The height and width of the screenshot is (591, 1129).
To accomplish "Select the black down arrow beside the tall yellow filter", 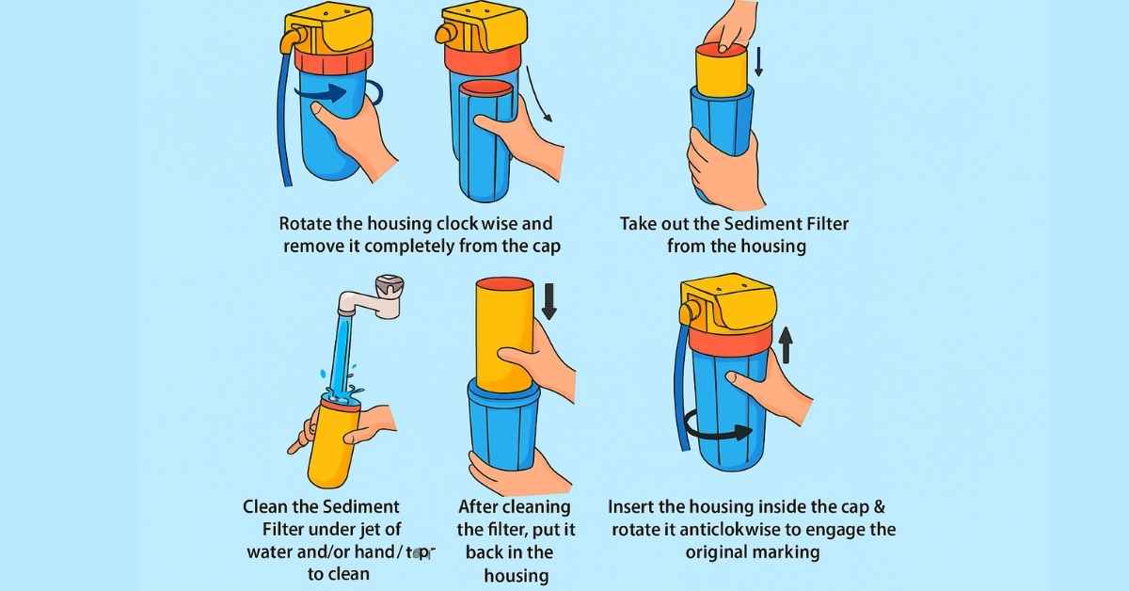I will tap(549, 301).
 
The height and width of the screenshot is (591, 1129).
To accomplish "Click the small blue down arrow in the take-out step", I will tap(759, 62).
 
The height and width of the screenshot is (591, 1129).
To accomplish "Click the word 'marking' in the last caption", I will tap(787, 552).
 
